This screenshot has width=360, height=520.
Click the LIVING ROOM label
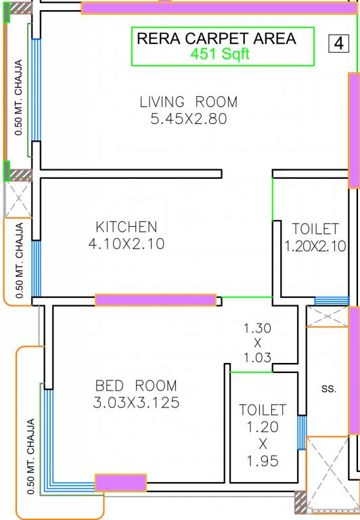pos(188,102)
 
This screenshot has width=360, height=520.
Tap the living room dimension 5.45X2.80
pos(188,119)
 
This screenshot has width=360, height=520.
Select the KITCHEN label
pos(126,227)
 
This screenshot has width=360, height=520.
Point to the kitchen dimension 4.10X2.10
pos(126,244)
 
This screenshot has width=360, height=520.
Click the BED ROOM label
pos(136,386)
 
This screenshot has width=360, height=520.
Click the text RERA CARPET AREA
pos(217,39)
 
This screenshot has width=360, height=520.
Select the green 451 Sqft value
pos(220,55)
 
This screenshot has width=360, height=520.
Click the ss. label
pos(329,389)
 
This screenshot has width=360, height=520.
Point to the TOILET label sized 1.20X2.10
pos(315,229)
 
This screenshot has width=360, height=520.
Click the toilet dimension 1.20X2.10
pos(315,246)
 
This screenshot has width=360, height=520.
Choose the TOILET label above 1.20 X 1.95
pos(263,410)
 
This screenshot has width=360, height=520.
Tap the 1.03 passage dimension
pos(257,357)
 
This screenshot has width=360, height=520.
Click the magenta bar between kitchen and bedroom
pos(156,300)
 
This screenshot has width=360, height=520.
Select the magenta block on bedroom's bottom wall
pos(120,483)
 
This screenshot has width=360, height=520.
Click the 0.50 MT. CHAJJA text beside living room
pos(18,98)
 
